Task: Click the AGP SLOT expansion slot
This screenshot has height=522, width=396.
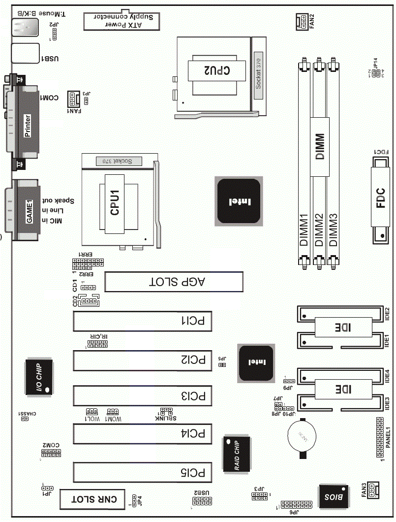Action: point(175,282)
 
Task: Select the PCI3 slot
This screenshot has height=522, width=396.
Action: point(143,395)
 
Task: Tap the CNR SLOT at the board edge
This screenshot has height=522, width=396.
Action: point(93,499)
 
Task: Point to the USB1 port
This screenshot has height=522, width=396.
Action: point(25,53)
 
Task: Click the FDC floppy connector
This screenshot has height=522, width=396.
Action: point(381,204)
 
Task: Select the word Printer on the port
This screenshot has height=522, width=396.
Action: point(28,126)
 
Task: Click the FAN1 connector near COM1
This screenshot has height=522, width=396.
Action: point(73,100)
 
